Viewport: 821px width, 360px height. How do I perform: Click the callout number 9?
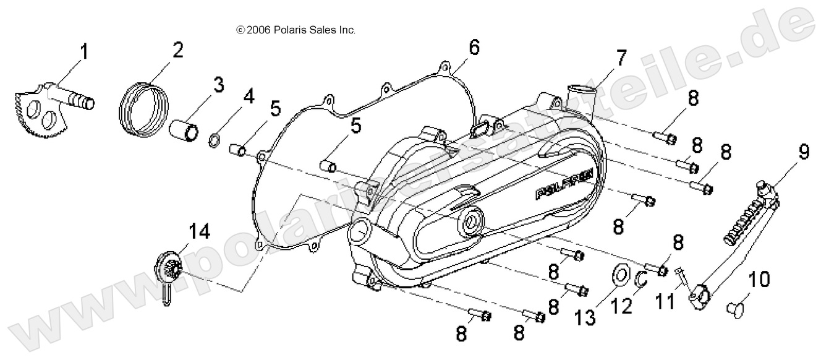coord(802,152)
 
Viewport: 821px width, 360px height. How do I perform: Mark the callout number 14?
coord(198,233)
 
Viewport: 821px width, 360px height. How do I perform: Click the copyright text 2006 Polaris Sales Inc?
coord(296,30)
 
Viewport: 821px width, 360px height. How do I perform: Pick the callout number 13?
coord(585,318)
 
